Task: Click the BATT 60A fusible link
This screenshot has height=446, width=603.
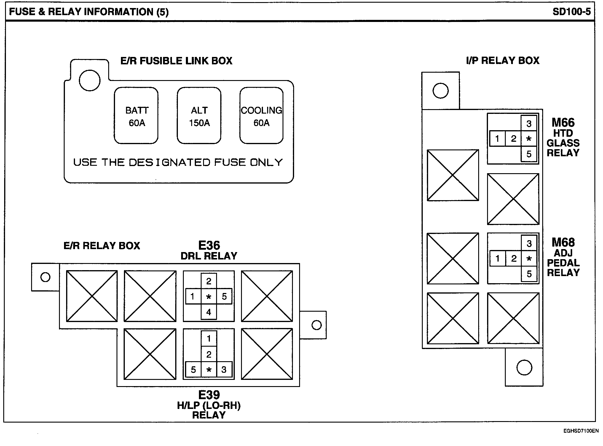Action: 136,116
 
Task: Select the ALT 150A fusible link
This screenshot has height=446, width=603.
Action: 199,116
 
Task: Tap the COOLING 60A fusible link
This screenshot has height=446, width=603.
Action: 261,116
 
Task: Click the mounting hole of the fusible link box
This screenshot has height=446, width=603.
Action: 90,80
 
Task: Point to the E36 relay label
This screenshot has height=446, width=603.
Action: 209,246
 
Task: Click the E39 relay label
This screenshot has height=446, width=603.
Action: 209,395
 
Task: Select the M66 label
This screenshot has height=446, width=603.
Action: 563,123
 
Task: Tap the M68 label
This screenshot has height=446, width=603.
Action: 563,243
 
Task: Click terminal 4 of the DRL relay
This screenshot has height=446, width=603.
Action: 209,312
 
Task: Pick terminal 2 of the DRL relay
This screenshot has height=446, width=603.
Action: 209,281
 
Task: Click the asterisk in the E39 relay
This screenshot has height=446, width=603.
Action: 209,369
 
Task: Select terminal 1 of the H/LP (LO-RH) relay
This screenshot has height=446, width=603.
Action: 209,338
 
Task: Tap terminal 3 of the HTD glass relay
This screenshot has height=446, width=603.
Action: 529,124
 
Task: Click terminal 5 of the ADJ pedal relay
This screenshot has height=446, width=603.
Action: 529,274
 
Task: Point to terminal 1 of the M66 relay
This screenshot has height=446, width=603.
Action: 497,138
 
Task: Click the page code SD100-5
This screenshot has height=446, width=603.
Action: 572,12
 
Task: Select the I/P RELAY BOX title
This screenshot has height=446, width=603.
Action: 503,60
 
